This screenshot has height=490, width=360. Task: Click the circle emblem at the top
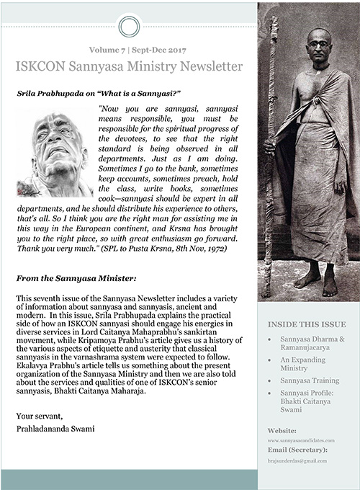(129, 27)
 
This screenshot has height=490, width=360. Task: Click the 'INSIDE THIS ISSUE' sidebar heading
(307, 324)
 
